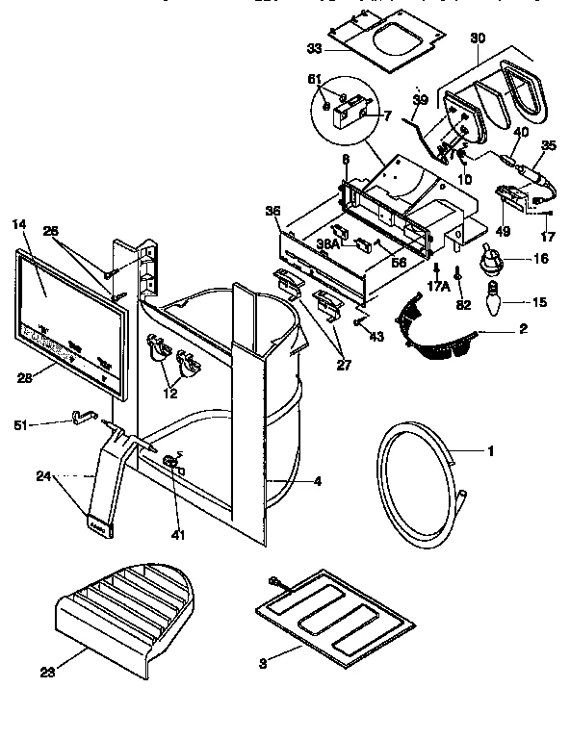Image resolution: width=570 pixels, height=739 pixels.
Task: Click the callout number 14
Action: tap(17, 224)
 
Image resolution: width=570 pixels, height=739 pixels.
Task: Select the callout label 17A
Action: tap(438, 286)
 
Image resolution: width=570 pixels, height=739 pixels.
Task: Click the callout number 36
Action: tap(272, 213)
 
